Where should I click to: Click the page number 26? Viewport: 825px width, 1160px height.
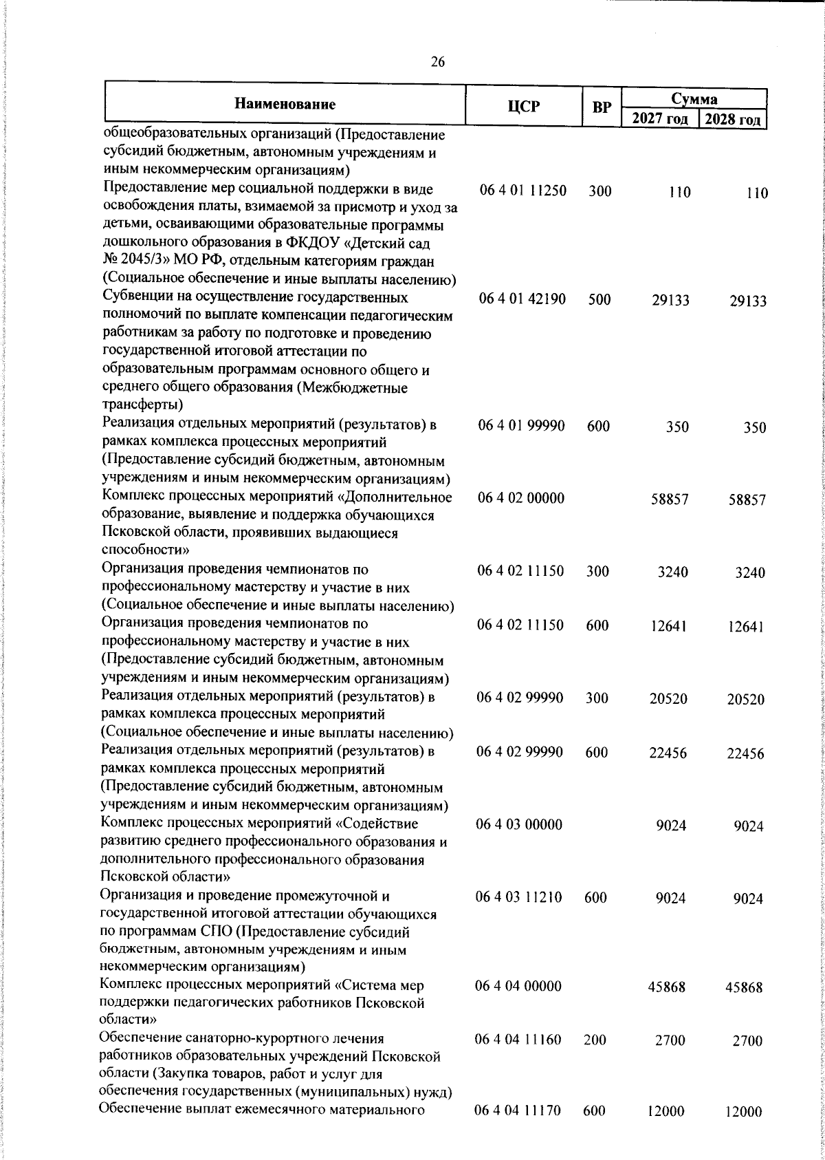click(437, 63)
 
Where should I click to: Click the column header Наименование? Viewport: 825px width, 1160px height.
click(285, 105)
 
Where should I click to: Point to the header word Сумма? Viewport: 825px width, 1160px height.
click(694, 98)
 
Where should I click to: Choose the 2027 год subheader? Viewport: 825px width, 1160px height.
click(659, 119)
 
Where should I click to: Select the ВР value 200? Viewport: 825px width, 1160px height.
click(595, 1040)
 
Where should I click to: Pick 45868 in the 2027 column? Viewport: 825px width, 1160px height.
click(666, 987)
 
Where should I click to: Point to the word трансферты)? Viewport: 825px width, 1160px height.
click(142, 405)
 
